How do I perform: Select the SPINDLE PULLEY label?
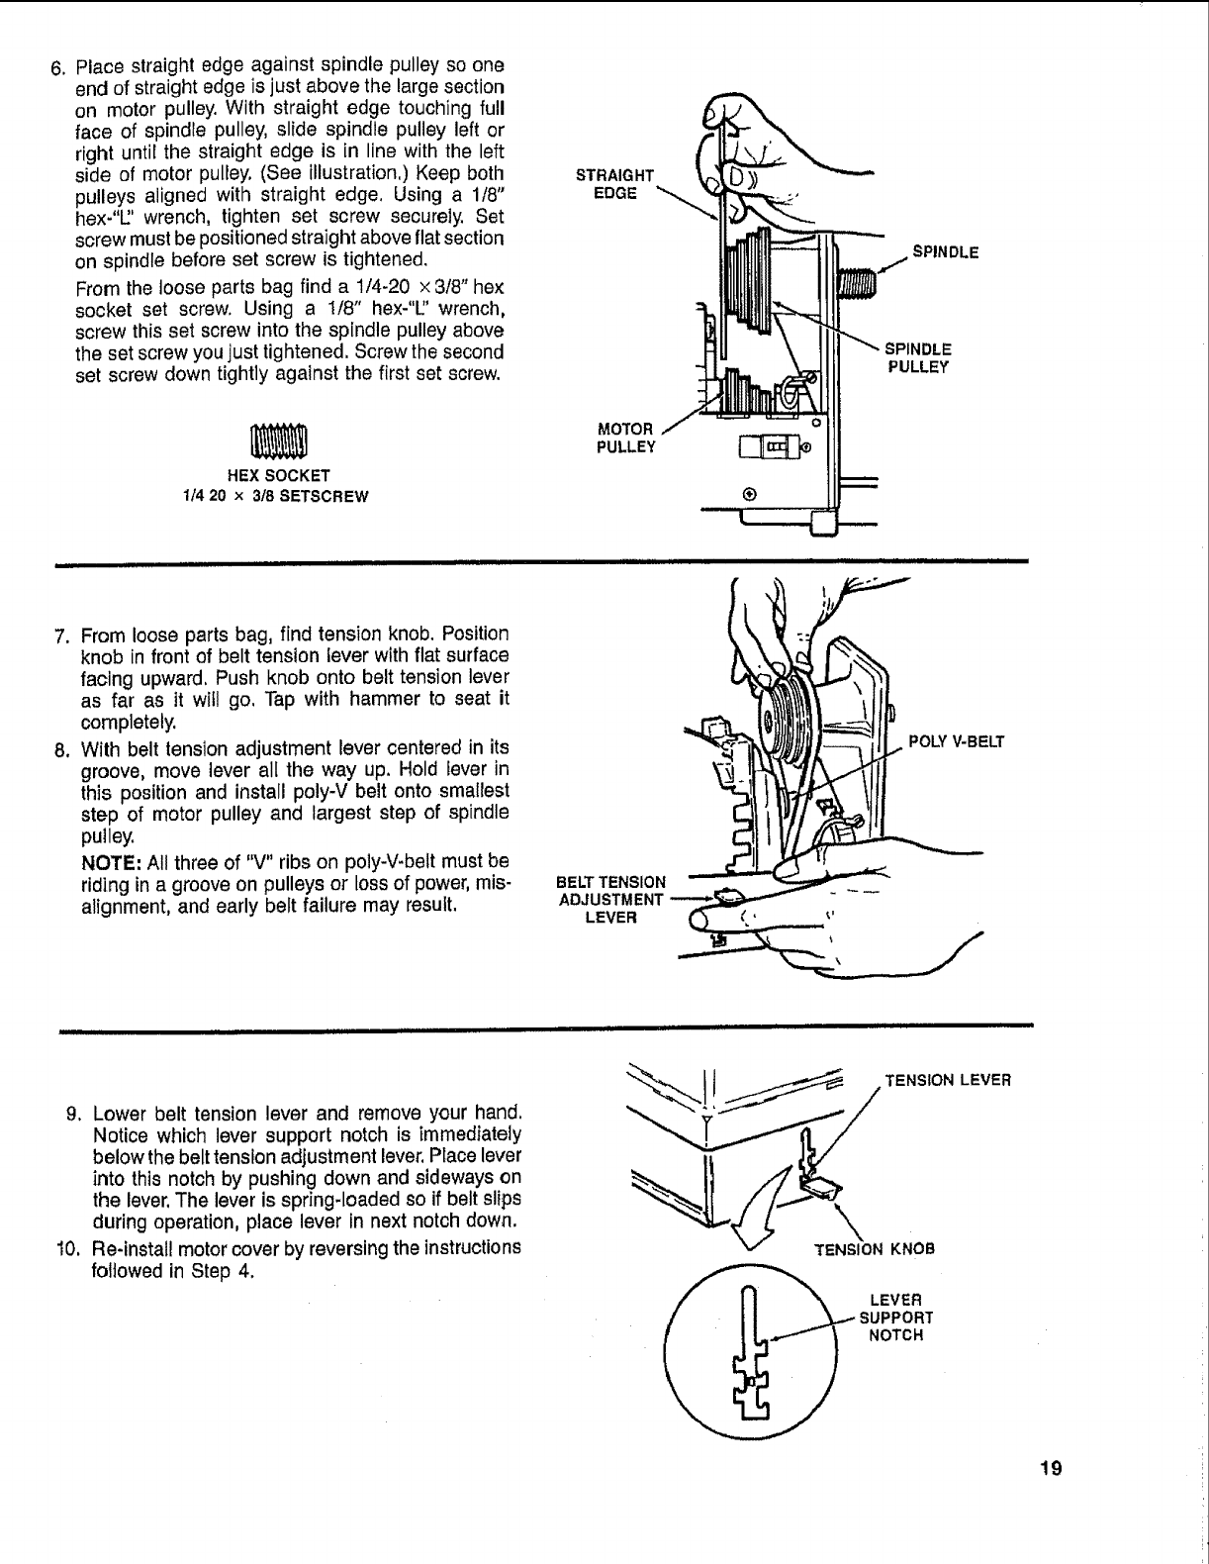[917, 357]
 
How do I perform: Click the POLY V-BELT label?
[956, 741]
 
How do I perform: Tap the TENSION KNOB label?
[874, 1248]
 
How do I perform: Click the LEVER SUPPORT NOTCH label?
[895, 1317]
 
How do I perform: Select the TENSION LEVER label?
[947, 1080]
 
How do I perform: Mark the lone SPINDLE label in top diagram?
[945, 251]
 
